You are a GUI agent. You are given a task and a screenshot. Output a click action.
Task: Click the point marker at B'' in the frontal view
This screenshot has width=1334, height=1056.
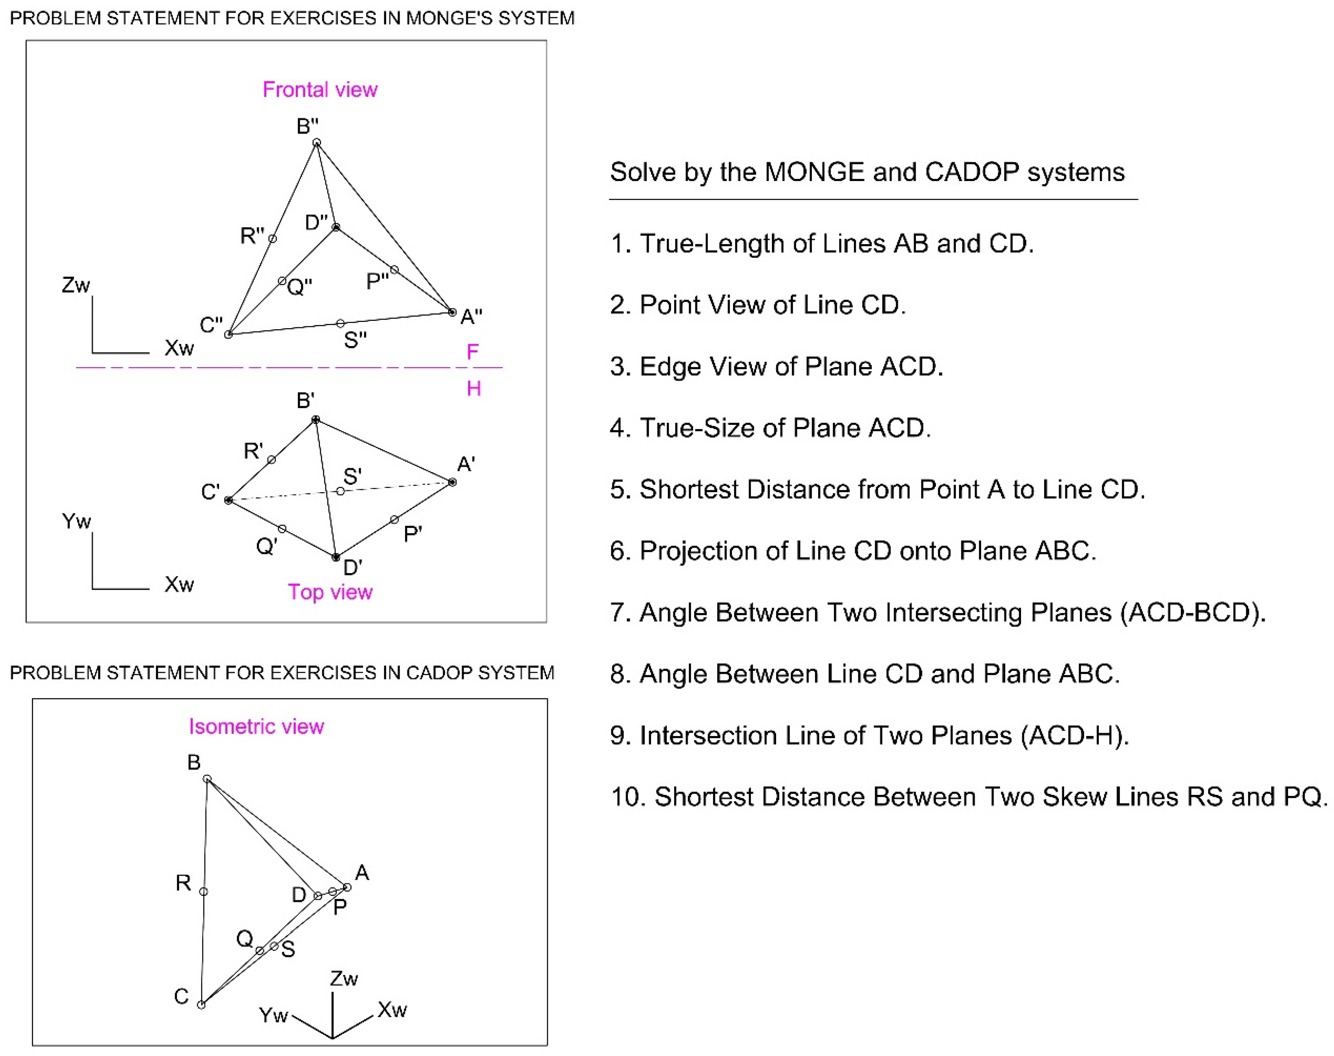316,143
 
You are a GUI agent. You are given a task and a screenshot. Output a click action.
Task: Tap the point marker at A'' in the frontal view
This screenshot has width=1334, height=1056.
452,312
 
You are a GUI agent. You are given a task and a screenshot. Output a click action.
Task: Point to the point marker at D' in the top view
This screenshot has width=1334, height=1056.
336,557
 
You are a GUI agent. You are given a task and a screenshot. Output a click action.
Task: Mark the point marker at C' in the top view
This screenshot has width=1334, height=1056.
228,500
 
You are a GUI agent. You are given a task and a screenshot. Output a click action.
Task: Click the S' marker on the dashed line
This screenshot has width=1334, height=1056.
340,491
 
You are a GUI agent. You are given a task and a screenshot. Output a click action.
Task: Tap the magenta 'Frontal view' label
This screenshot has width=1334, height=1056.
320,90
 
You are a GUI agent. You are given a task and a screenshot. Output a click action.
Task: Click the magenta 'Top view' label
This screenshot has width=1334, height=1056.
330,592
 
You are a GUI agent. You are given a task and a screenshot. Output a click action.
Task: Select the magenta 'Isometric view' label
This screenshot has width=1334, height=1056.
256,726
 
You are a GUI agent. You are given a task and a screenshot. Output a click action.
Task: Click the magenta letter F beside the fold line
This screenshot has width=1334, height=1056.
472,352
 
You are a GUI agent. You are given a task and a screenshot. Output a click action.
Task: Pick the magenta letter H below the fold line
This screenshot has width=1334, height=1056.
474,388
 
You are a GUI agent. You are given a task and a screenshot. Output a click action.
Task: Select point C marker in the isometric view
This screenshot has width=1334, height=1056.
201,1005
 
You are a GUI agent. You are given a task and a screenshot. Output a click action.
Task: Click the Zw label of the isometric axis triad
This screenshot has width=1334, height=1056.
344,979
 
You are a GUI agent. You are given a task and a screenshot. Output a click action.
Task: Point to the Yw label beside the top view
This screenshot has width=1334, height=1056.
76,521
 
